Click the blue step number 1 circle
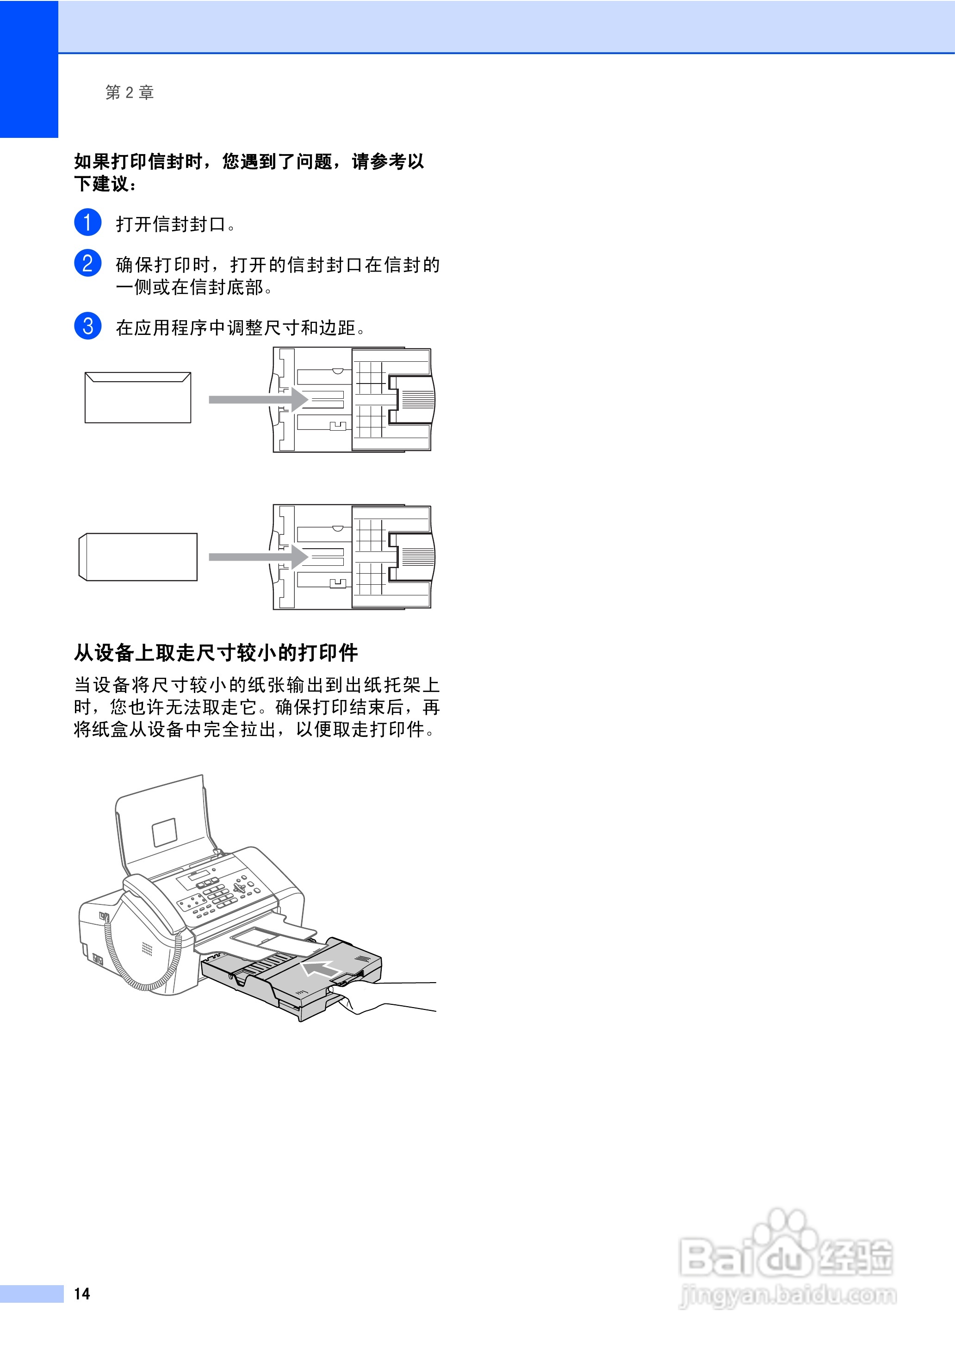(87, 222)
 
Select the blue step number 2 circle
(87, 263)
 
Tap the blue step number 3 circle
(87, 326)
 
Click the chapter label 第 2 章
(130, 92)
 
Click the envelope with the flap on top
(137, 397)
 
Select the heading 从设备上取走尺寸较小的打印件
(216, 652)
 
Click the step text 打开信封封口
(174, 224)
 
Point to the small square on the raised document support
(165, 832)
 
